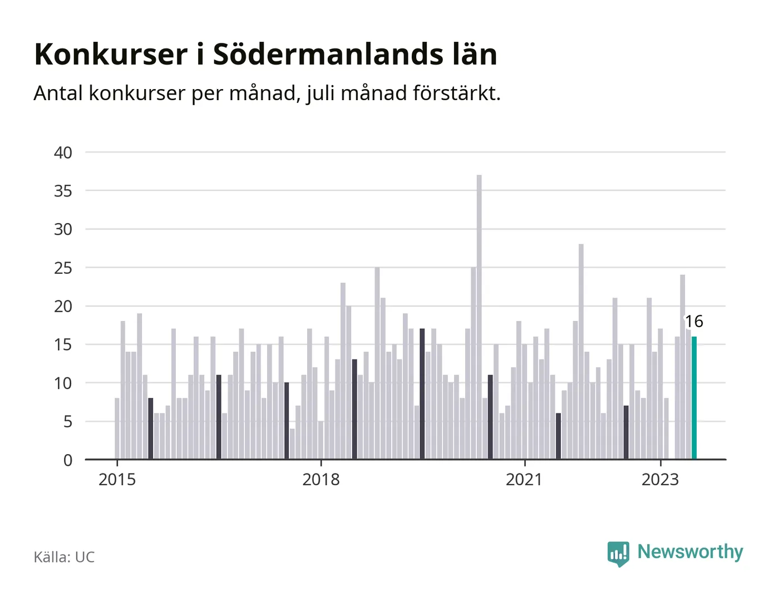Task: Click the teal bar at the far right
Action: coord(694,398)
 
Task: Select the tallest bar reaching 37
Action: coord(479,317)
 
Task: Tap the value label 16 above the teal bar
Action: coord(694,322)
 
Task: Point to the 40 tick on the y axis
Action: coord(63,153)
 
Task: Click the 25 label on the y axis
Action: coord(63,268)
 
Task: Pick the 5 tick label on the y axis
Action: coord(68,422)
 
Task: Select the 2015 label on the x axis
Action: coord(117,480)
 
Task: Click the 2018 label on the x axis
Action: coord(321,480)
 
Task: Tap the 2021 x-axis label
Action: coord(524,480)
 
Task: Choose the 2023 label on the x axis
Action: coord(660,480)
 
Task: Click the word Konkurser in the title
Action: coord(111,55)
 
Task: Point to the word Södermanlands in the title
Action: coord(328,55)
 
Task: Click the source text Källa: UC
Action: coord(64,557)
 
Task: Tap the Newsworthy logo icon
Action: coord(618,554)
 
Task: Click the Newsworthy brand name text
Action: coord(690,552)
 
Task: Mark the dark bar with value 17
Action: coord(422,394)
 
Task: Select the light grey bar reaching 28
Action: coord(581,352)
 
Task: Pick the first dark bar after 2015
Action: coord(151,428)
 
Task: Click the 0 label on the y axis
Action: coord(68,460)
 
